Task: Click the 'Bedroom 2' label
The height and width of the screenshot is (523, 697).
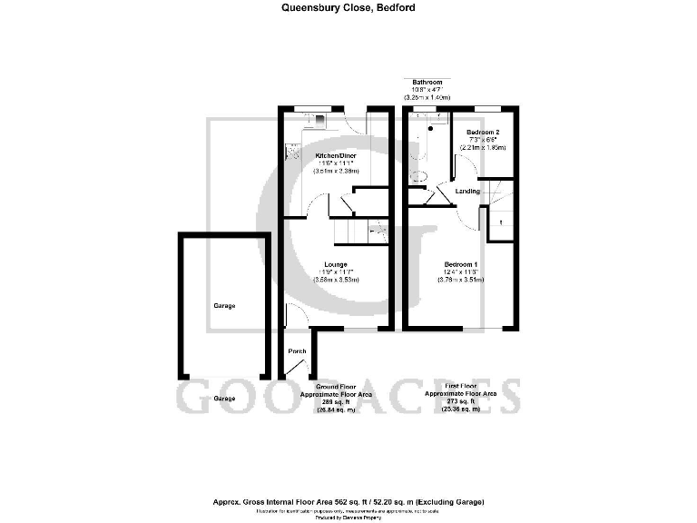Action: tap(483, 132)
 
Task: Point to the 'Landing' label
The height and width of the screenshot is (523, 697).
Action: tap(468, 192)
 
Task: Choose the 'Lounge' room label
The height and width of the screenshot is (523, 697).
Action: tap(336, 264)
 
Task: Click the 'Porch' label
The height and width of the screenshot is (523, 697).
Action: tap(297, 350)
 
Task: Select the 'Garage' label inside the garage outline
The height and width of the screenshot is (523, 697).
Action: tap(224, 306)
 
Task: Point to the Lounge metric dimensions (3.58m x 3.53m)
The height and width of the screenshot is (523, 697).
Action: tap(336, 280)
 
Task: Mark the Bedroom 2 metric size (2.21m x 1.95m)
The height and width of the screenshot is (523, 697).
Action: tap(483, 147)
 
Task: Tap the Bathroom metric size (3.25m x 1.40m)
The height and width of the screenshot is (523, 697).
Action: tap(427, 97)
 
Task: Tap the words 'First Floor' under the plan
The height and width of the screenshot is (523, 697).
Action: tap(461, 386)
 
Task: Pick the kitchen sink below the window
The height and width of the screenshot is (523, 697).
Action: tap(319, 118)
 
